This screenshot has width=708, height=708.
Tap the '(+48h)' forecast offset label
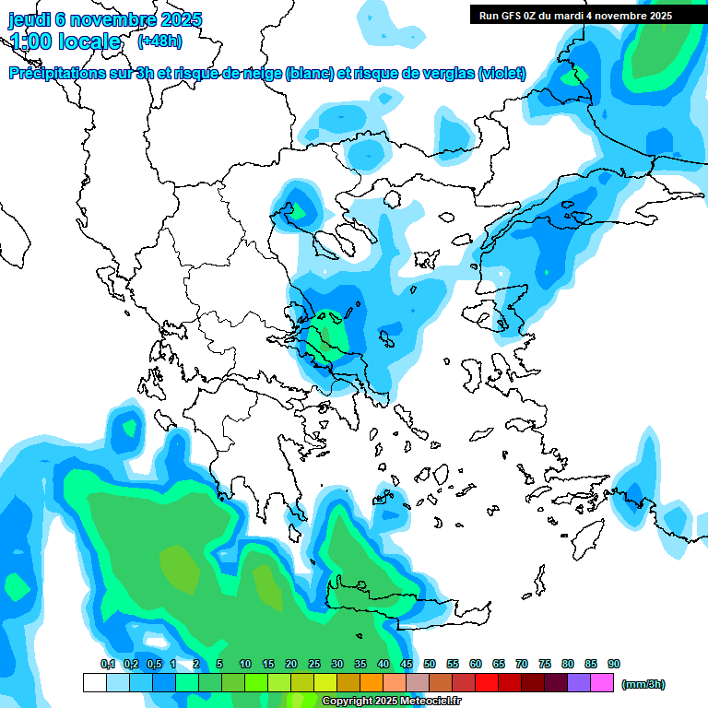pyautogui.click(x=159, y=41)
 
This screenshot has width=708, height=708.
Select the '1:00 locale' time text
pyautogui.click(x=65, y=41)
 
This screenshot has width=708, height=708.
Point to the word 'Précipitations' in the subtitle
pyautogui.click(x=54, y=74)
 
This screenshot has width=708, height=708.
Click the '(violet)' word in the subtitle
pyautogui.click(x=501, y=74)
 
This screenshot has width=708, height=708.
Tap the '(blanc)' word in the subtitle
pyautogui.click(x=309, y=74)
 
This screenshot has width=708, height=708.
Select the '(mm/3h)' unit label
pyautogui.click(x=643, y=684)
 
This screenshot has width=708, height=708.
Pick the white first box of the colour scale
pyautogui.click(x=94, y=683)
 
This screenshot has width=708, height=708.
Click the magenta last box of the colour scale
pyautogui.click(x=602, y=683)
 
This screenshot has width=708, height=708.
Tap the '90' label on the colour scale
pyautogui.click(x=614, y=664)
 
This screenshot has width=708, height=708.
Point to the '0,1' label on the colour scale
pyautogui.click(x=108, y=664)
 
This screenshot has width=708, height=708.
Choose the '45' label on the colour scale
pyautogui.click(x=407, y=664)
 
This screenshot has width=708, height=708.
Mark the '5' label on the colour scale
pyautogui.click(x=219, y=664)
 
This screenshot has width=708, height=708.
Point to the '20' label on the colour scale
pyautogui.click(x=291, y=664)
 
